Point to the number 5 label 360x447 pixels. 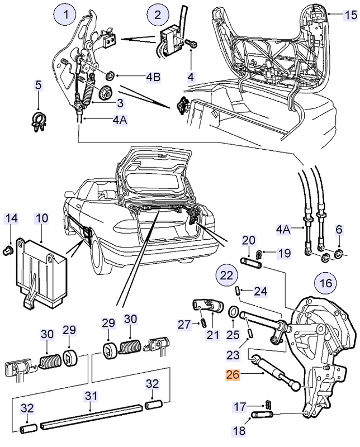point(38,85)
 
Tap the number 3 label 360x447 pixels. point(120,103)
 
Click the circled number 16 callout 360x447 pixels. point(324,283)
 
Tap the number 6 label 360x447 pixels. point(339,229)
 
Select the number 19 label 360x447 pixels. point(284,253)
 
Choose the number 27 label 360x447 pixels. point(184,324)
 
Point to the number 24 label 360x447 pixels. point(260,291)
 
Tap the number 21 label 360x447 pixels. point(212,335)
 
